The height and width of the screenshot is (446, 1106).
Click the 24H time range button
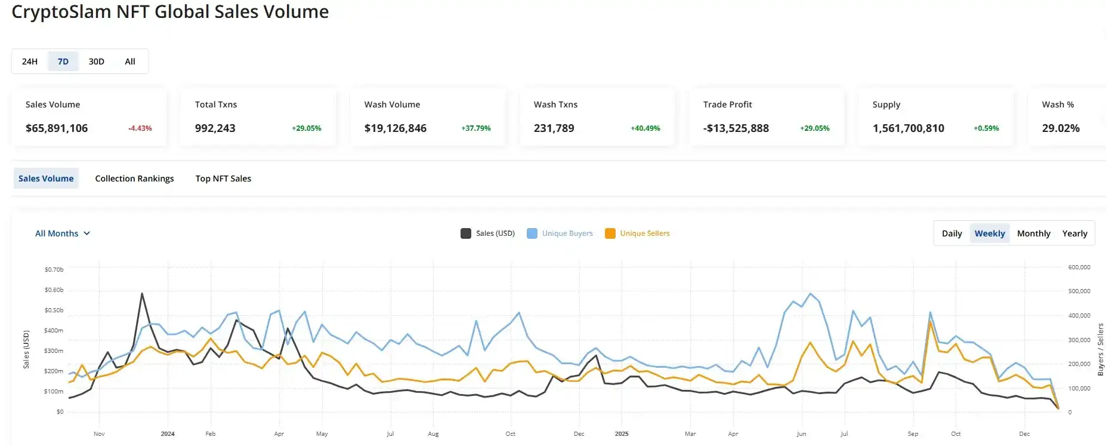click(30, 61)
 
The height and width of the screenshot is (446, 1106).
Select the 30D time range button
click(97, 61)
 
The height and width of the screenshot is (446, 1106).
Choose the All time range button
click(130, 61)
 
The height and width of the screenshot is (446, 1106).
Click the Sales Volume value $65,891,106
click(57, 128)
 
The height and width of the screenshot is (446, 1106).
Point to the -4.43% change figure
click(140, 128)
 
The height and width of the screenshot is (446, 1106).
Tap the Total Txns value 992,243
click(215, 128)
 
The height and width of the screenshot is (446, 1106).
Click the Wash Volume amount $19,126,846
click(396, 128)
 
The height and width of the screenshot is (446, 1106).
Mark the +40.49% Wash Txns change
click(645, 128)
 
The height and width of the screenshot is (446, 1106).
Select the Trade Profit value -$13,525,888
click(736, 128)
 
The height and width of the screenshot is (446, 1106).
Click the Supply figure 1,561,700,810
click(909, 128)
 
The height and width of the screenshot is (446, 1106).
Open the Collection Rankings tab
click(135, 179)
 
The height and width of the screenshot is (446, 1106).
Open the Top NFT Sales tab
click(223, 179)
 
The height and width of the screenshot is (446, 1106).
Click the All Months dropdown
click(63, 233)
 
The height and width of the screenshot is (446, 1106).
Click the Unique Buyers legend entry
click(561, 233)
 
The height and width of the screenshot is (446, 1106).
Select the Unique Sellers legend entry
click(638, 233)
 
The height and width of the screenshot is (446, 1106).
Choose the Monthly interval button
click(1034, 233)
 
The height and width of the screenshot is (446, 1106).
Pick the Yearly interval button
click(1075, 233)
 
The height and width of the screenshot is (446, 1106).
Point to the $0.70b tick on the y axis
click(54, 270)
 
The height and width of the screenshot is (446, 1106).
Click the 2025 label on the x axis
click(622, 434)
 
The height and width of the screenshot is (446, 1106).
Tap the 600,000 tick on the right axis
click(1079, 267)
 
